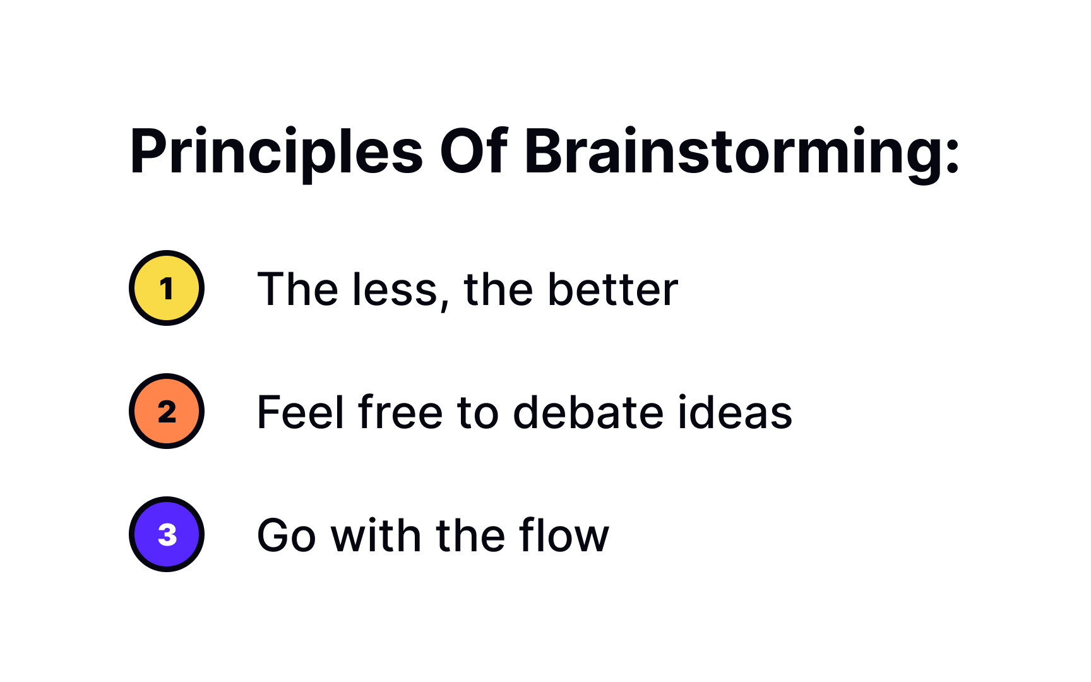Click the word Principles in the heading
[276, 152]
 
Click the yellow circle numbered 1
[167, 288]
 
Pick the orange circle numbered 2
[167, 411]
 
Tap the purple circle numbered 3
[167, 534]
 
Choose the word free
[400, 413]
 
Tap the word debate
[589, 413]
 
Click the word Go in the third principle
[286, 536]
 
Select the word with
[376, 536]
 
